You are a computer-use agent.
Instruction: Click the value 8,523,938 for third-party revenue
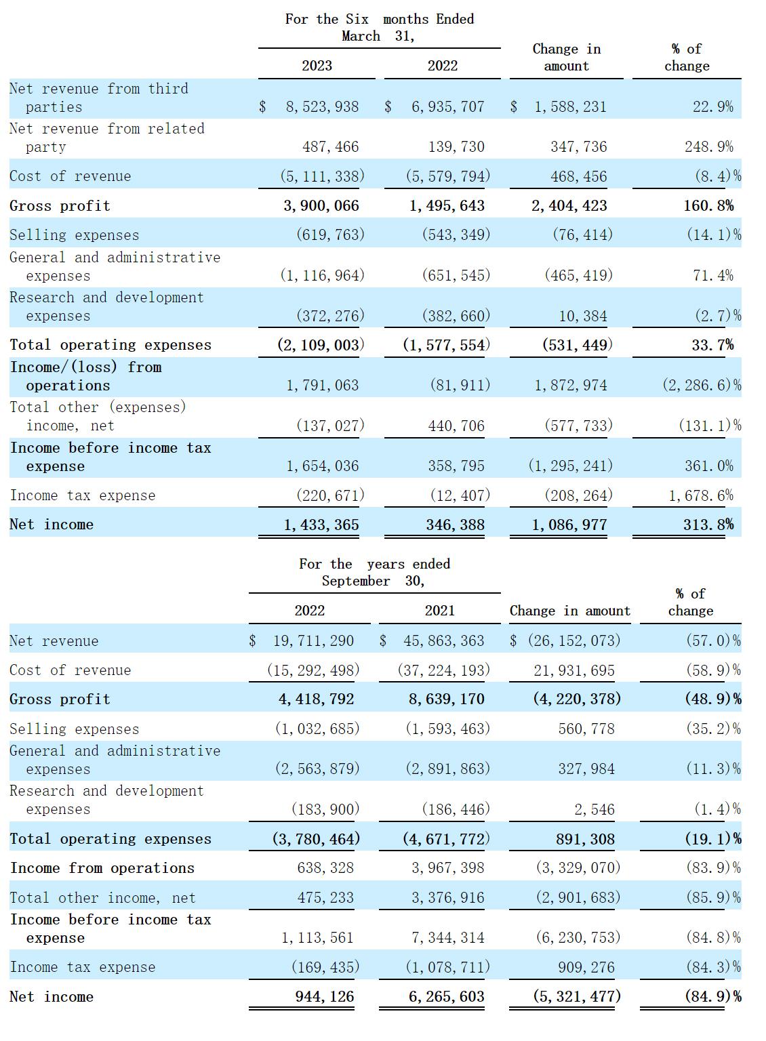322,107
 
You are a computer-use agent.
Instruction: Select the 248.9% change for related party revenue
709,147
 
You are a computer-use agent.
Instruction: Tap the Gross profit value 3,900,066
321,205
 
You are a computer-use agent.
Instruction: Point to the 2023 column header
317,66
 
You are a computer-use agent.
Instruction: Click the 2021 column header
440,610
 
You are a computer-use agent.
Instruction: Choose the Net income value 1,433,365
321,525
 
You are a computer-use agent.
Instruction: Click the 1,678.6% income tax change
701,495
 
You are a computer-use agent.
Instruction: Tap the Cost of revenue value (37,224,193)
443,670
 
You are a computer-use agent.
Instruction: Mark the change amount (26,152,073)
574,640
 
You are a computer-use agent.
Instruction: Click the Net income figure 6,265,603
447,996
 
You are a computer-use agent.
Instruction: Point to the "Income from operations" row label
102,867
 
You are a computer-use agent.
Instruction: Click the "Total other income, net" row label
103,897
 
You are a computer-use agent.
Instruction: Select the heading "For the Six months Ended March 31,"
380,27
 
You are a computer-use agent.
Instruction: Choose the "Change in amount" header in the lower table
570,610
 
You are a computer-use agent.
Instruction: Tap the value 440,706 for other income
456,426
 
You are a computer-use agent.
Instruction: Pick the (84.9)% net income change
713,996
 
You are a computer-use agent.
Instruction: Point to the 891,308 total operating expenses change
585,839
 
